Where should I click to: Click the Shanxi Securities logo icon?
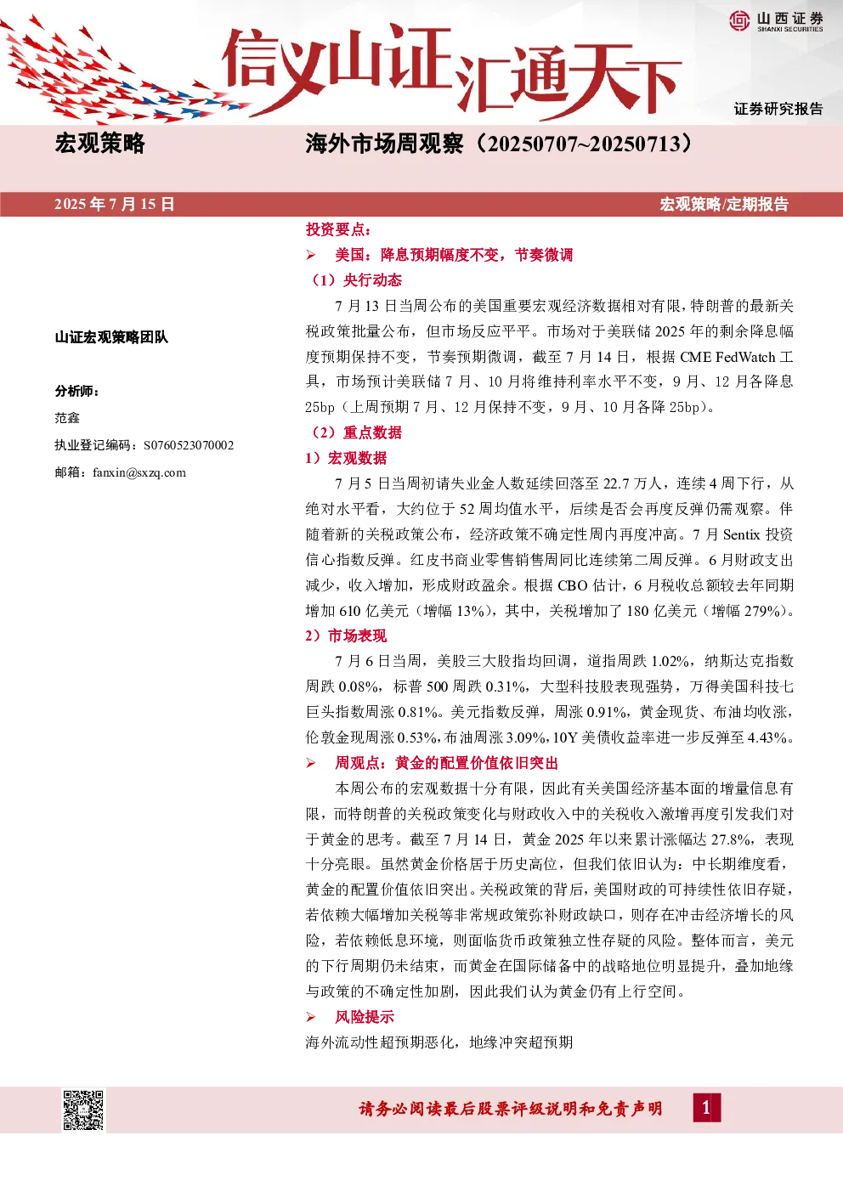click(739, 20)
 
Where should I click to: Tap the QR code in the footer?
click(83, 1110)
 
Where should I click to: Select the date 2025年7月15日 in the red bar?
click(115, 205)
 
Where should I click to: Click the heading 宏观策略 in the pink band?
click(99, 144)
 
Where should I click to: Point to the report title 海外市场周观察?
click(384, 144)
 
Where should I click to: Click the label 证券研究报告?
click(778, 109)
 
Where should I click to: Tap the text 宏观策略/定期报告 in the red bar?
click(724, 205)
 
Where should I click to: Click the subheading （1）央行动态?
click(354, 280)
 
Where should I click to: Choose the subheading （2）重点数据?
click(354, 432)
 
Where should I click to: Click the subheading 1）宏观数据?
click(346, 458)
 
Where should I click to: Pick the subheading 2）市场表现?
click(346, 636)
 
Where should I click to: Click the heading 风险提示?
click(365, 1017)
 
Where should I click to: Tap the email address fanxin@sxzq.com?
click(139, 472)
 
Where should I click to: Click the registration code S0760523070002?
click(189, 445)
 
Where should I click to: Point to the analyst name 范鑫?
click(67, 418)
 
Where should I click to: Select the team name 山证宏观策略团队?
click(111, 336)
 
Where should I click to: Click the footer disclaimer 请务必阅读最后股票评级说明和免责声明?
click(511, 1109)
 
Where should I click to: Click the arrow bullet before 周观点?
click(311, 764)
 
